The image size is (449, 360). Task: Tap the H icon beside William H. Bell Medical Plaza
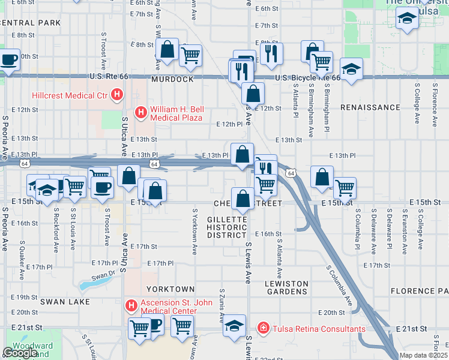[140, 112]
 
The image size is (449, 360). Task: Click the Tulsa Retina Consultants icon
[262, 328]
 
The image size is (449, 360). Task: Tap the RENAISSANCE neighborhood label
[370, 107]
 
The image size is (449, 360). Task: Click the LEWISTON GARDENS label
[286, 287]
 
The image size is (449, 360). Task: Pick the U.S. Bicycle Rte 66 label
[308, 78]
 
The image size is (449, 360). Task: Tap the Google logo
[20, 353]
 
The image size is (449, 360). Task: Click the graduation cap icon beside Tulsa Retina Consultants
[234, 325]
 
